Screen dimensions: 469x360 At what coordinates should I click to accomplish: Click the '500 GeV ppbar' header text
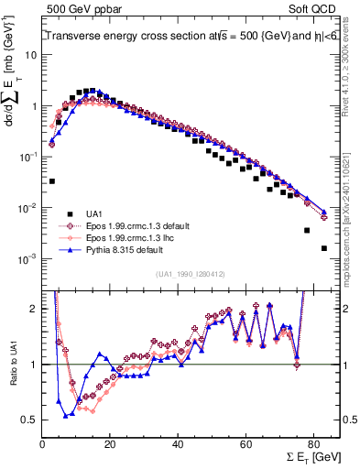pyautogui.click(x=84, y=9)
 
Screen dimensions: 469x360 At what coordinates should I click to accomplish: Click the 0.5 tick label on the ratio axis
pyautogui.click(x=30, y=420)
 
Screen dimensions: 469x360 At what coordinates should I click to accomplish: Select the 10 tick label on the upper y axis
pyautogui.click(x=32, y=54)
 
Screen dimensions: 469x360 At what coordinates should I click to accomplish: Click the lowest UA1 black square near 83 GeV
pyautogui.click(x=323, y=248)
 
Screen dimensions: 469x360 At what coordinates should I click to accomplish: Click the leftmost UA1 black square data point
pyautogui.click(x=52, y=181)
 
